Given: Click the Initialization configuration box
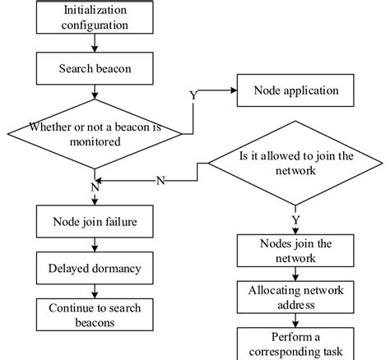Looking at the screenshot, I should pyautogui.click(x=95, y=17).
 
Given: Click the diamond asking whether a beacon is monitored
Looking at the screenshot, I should pyautogui.click(x=95, y=134).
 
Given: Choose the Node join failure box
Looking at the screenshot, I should pyautogui.click(x=95, y=220).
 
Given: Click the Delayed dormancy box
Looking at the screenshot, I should pyautogui.click(x=95, y=268).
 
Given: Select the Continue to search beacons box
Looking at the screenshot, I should pyautogui.click(x=95, y=315).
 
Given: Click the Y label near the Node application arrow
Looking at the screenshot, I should pyautogui.click(x=193, y=95).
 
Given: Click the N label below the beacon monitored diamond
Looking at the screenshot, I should pyautogui.click(x=95, y=187).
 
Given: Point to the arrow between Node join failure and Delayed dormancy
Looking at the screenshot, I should pyautogui.click(x=95, y=244).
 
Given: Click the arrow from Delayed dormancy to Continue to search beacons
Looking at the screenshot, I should pyautogui.click(x=95, y=291).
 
